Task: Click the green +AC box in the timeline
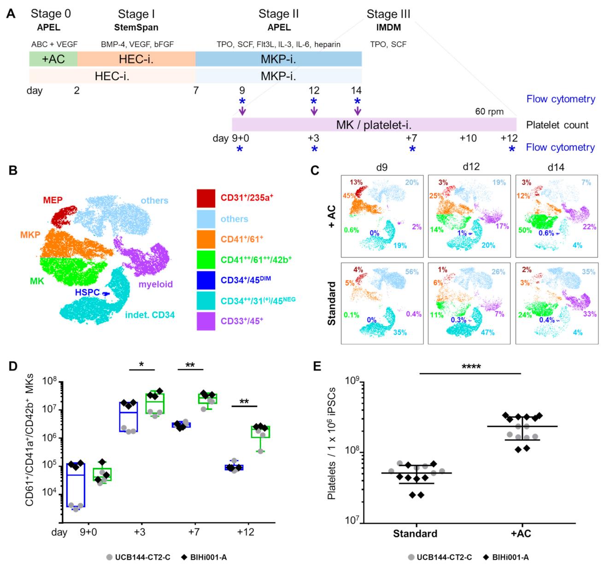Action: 53,59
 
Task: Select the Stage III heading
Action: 388,14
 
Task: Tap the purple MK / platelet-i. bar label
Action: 374,125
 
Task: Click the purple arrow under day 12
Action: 314,111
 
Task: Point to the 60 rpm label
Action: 489,111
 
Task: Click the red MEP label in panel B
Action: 53,200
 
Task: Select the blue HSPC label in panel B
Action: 87,292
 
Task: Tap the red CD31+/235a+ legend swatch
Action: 205,198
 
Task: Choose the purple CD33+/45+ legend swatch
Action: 205,321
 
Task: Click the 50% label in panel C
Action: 525,230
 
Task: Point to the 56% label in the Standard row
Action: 412,272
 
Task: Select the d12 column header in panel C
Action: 471,167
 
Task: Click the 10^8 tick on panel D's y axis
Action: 49,381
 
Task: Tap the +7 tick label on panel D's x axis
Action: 193,532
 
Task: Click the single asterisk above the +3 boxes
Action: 141,365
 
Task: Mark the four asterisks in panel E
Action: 471,367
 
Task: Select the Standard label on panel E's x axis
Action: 415,533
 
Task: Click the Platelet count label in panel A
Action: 557,125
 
